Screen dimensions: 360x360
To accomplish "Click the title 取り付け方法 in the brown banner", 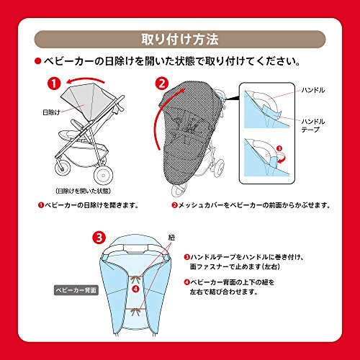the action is [x=180, y=40].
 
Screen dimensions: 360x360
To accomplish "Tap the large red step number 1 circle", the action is [x=54, y=84].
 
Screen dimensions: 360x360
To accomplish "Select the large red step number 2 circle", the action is [x=162, y=84].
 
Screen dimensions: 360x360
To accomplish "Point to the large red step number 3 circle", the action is [x=99, y=238].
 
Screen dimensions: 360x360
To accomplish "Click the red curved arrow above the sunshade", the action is [x=85, y=78].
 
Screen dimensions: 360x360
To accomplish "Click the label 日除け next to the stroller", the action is [x=51, y=112].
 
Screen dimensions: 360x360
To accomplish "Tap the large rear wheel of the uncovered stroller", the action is [x=103, y=175].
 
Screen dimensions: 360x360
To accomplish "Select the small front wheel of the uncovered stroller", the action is [x=63, y=166].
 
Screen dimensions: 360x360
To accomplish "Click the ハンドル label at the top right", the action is [x=313, y=90].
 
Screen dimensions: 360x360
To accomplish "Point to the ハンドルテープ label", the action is [x=313, y=125].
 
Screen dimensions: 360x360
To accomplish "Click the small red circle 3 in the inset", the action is [x=279, y=148].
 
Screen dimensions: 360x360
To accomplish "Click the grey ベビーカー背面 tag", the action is [x=76, y=290].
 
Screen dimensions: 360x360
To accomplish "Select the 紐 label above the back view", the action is [x=171, y=238].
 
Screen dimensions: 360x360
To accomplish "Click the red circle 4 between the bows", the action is [x=136, y=289].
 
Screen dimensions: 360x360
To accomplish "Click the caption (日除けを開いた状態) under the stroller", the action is [x=84, y=191].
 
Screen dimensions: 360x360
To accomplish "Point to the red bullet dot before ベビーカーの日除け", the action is [x=38, y=61].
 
